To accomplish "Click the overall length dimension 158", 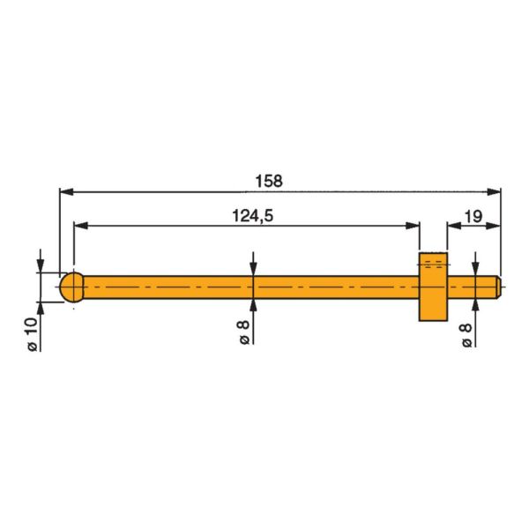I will (x=269, y=181).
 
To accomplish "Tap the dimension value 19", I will (x=471, y=215).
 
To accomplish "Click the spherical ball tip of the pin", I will (x=72, y=287).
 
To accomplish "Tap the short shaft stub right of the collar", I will (x=474, y=287).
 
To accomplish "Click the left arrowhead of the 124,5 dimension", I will (x=80, y=226).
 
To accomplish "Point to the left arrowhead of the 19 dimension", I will (x=453, y=226).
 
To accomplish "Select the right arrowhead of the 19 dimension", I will (x=493, y=226).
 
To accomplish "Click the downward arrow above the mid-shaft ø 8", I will (x=253, y=269).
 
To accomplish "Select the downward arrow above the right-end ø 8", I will (x=476, y=270).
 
